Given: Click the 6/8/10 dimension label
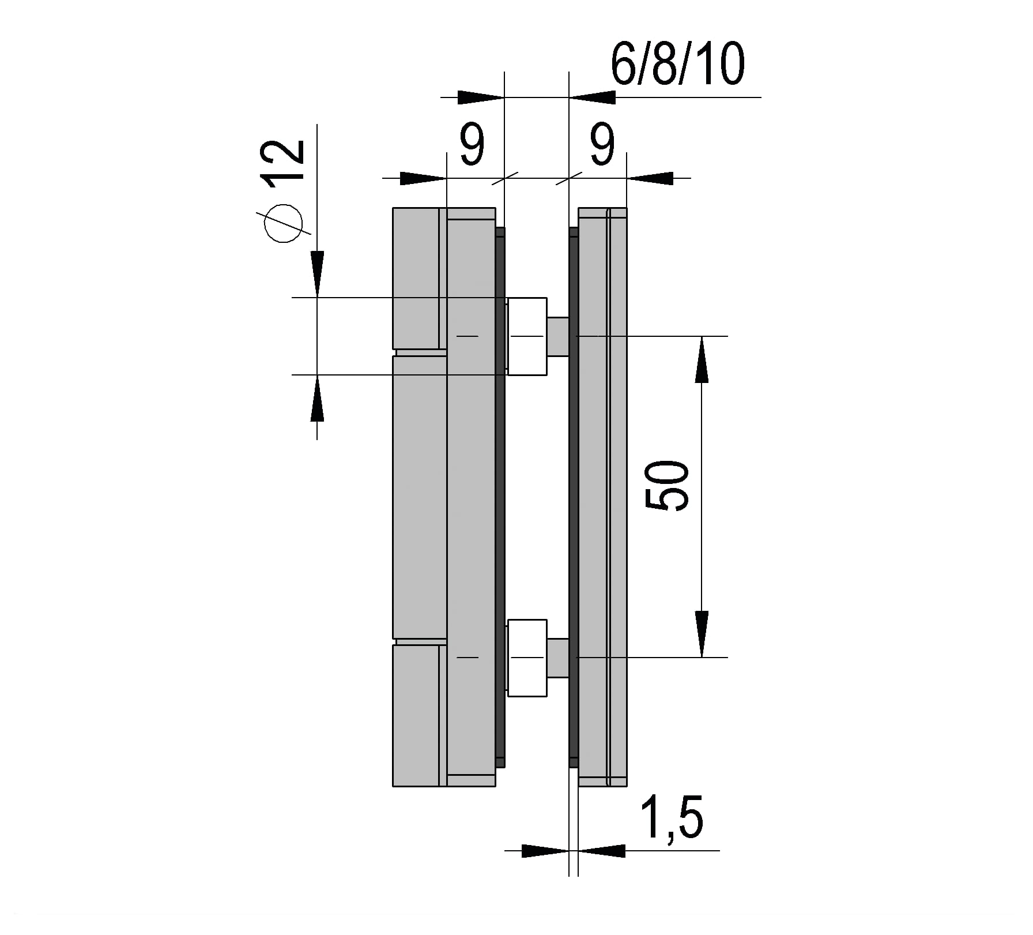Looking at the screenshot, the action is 677,64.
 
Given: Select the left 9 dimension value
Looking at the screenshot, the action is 472,145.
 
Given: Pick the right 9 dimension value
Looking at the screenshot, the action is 602,145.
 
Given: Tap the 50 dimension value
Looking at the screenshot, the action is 668,485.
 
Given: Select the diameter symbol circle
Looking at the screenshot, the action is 284,223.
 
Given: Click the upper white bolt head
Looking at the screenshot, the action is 527,336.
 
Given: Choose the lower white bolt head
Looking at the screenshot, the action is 527,658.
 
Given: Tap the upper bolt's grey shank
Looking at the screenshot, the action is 558,336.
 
